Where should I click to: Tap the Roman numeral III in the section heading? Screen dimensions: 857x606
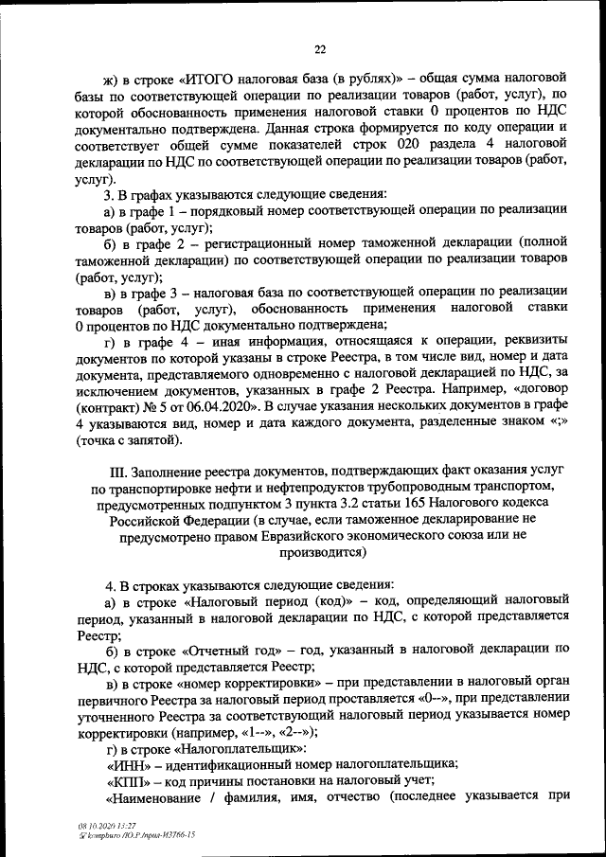(118, 470)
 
